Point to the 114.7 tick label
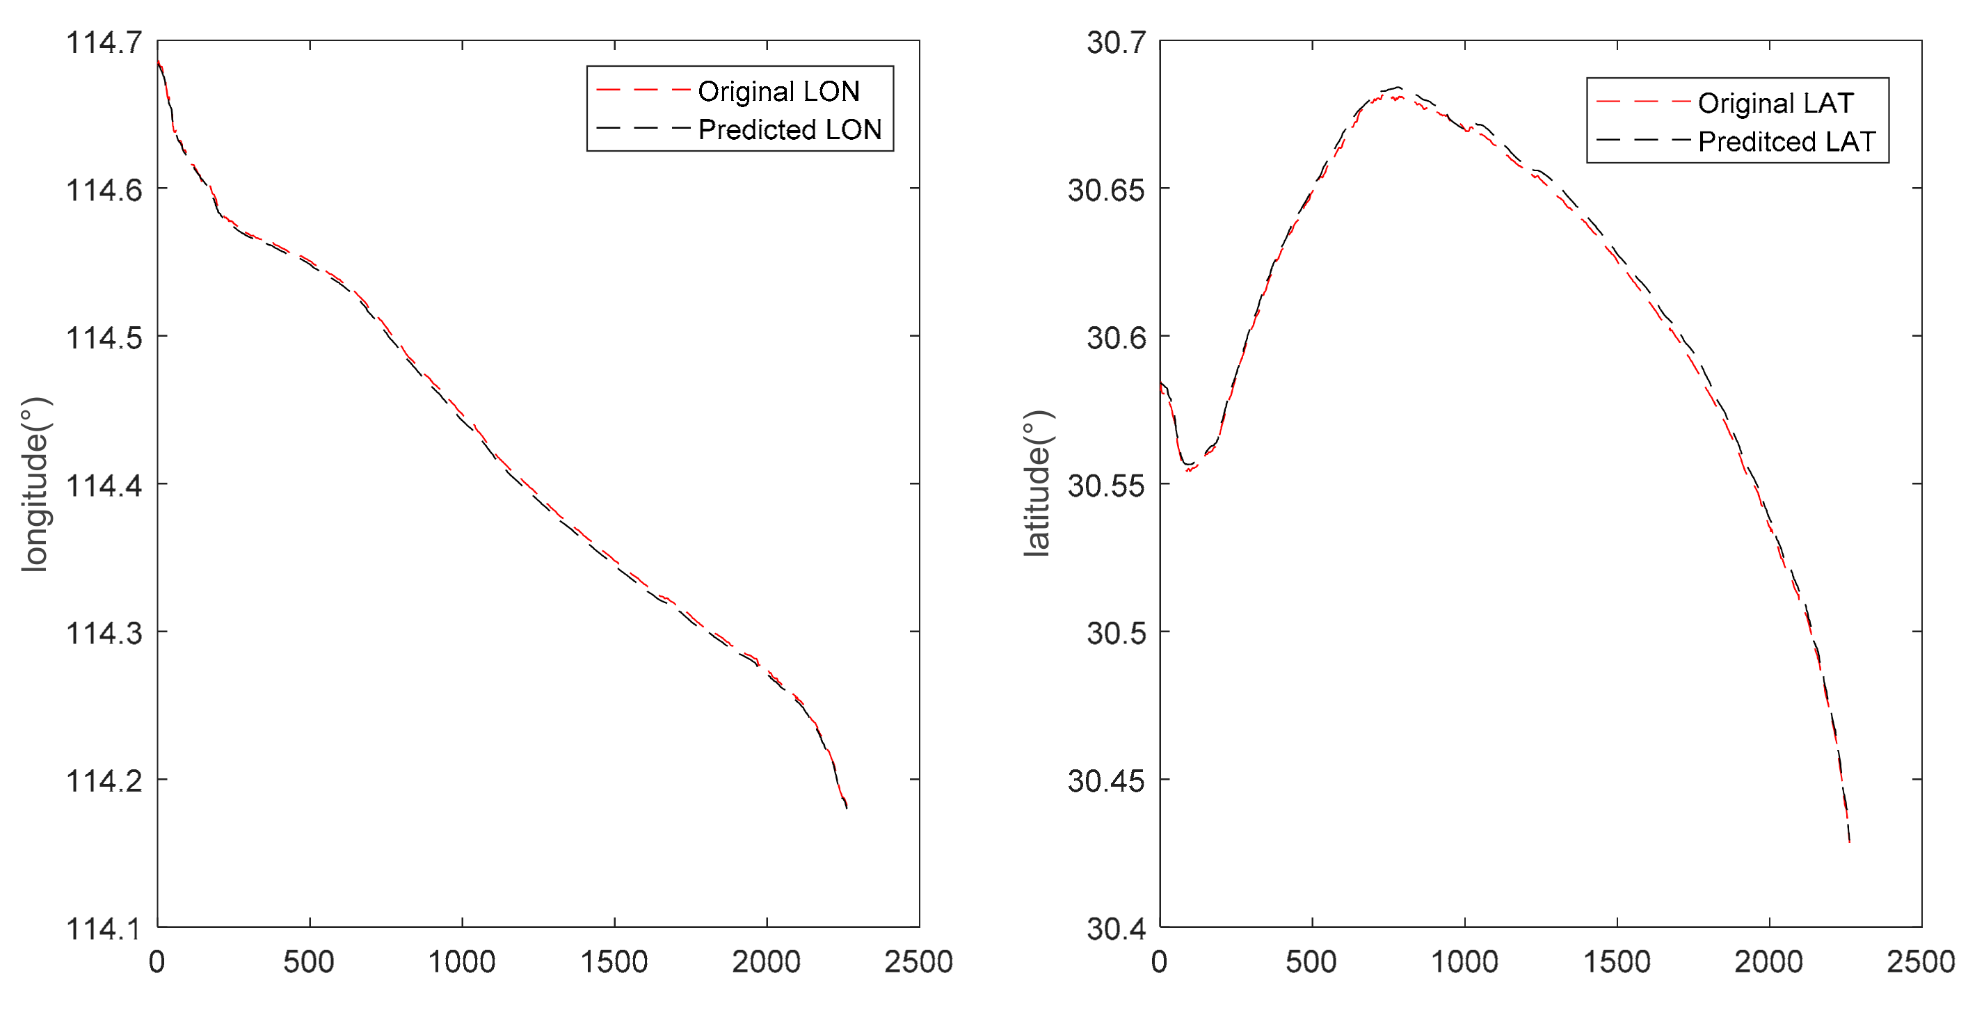104,42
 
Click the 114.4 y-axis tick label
104,486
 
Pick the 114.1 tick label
104,929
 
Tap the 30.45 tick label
1106,781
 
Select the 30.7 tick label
1116,42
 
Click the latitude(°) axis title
1037,484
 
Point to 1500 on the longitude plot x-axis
614,961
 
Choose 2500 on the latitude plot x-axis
1920,961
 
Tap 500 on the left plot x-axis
309,961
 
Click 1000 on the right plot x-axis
1464,961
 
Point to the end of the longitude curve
847,807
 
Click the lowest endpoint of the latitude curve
1848,841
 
